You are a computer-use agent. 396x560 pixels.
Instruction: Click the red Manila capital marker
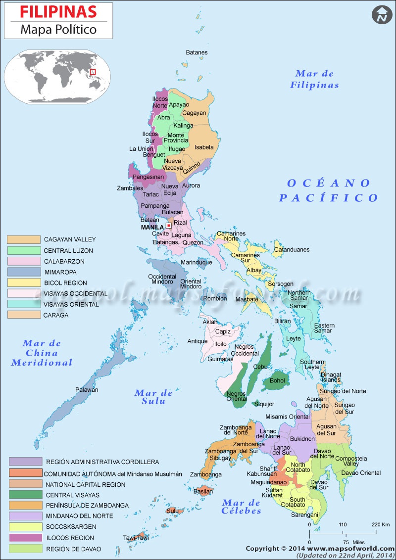pos(169,225)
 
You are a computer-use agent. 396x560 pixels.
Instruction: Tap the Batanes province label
pos(197,52)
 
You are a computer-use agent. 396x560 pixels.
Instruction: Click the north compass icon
pos(381,14)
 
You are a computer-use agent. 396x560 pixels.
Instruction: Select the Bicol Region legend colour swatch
pos(23,282)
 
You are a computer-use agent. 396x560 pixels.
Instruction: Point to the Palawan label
pos(87,390)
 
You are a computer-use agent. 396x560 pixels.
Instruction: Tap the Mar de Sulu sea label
pos(153,397)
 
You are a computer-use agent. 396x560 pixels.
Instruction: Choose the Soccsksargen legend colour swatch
pos(25,526)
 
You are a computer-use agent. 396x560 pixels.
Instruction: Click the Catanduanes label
pos(292,250)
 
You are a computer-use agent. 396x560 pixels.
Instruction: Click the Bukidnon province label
pos(302,439)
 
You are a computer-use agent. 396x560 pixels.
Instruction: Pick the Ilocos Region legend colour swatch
pos(25,537)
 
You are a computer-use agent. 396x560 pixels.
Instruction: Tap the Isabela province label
pos(204,147)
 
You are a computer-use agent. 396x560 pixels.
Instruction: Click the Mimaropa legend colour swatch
pos(23,272)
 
